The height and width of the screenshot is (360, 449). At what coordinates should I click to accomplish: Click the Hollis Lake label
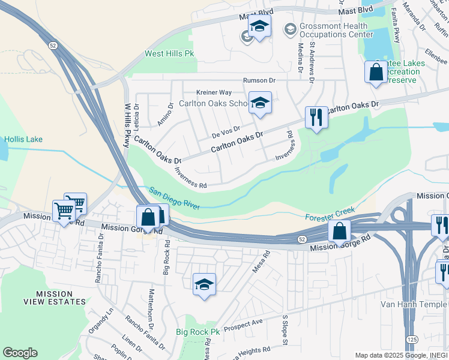click(23, 139)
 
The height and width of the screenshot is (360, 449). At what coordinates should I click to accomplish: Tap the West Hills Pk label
click(170, 54)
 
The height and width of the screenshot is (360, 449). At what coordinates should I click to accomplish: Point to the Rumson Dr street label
click(259, 80)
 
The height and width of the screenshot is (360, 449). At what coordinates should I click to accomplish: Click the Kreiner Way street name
click(214, 92)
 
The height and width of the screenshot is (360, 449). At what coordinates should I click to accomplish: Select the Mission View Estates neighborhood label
click(61, 298)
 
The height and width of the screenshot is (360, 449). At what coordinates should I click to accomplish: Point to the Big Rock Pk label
click(193, 332)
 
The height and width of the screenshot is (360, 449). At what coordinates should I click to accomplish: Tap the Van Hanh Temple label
click(414, 304)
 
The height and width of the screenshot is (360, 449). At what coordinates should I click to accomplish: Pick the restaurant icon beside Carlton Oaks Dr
click(316, 117)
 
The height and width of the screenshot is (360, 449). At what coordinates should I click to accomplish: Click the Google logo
click(20, 353)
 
